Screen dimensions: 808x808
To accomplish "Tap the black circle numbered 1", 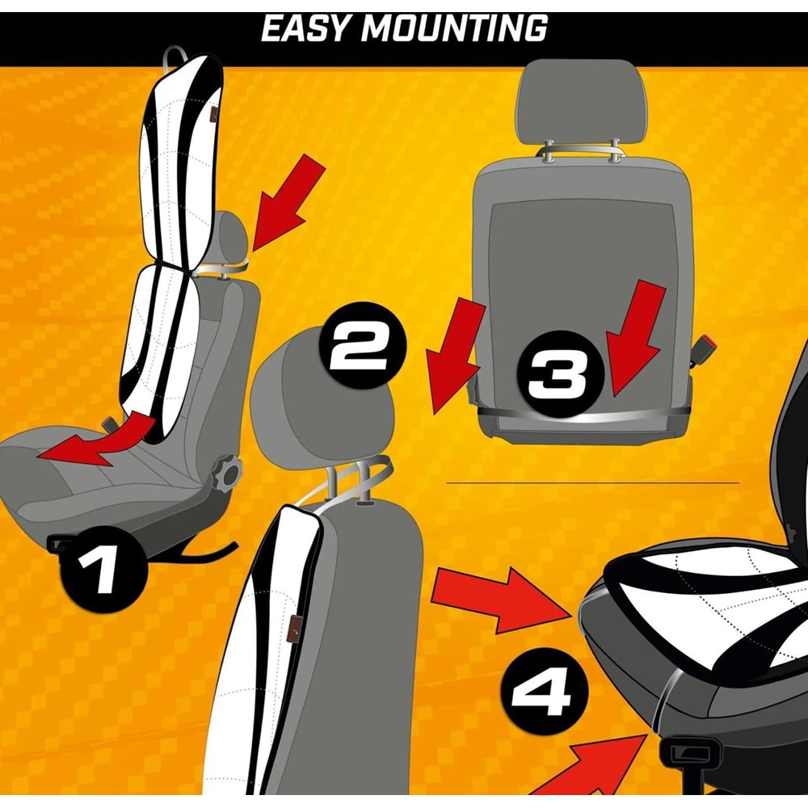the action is (x=104, y=569).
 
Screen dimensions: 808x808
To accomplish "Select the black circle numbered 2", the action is (x=363, y=345).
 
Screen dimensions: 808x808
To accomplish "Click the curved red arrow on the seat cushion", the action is (x=98, y=439).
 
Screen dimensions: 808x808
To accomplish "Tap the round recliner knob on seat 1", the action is (x=226, y=473).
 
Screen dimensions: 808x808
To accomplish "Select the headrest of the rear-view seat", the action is (x=581, y=102).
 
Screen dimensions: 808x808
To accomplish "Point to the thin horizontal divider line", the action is (x=592, y=483).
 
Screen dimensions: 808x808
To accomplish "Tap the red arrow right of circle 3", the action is (x=634, y=338).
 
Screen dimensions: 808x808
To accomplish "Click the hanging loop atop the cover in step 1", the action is (x=173, y=57).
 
